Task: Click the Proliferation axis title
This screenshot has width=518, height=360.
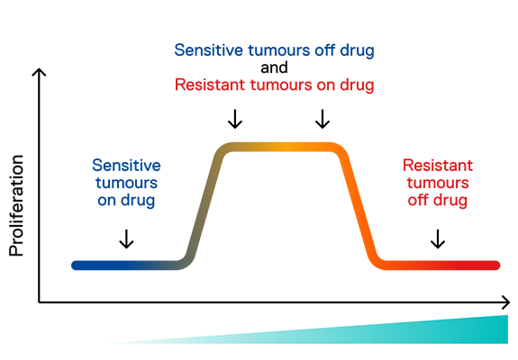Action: [16, 205]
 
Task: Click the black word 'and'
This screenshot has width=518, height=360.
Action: [274, 67]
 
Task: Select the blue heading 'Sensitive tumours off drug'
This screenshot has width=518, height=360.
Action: [274, 50]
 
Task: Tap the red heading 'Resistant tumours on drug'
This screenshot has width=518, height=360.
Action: [274, 85]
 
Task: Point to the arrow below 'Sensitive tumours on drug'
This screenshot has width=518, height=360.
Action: [126, 238]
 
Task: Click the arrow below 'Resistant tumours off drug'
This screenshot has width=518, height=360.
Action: [438, 238]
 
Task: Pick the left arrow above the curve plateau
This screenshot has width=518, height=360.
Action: [235, 119]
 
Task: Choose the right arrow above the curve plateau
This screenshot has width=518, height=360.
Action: [323, 119]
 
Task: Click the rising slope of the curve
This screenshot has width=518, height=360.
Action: [204, 204]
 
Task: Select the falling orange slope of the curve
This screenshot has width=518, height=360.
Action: [359, 204]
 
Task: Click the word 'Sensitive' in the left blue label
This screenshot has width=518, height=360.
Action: [126, 166]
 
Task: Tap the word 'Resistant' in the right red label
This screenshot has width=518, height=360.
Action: [438, 166]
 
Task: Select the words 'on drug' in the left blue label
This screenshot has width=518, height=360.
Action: [126, 201]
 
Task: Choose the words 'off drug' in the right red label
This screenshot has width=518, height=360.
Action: [438, 201]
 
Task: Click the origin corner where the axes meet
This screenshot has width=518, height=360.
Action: [39, 302]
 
